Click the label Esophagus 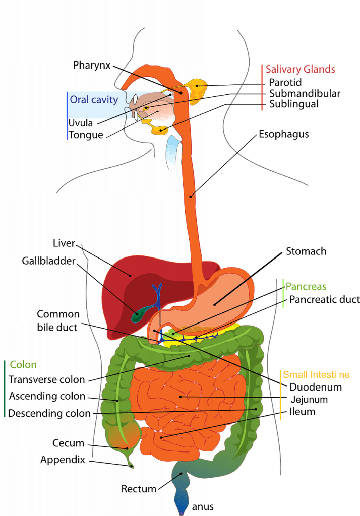point(283,135)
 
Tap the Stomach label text point(306,250)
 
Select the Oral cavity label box point(94,99)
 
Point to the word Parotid point(285,82)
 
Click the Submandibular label point(305,93)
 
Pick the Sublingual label point(293,104)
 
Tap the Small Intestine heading point(316,375)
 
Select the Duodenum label point(316,387)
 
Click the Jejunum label point(309,400)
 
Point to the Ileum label point(303,412)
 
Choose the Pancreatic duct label point(324,299)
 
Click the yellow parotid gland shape point(196,89)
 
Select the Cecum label point(68,443)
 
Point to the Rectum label point(137,488)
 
